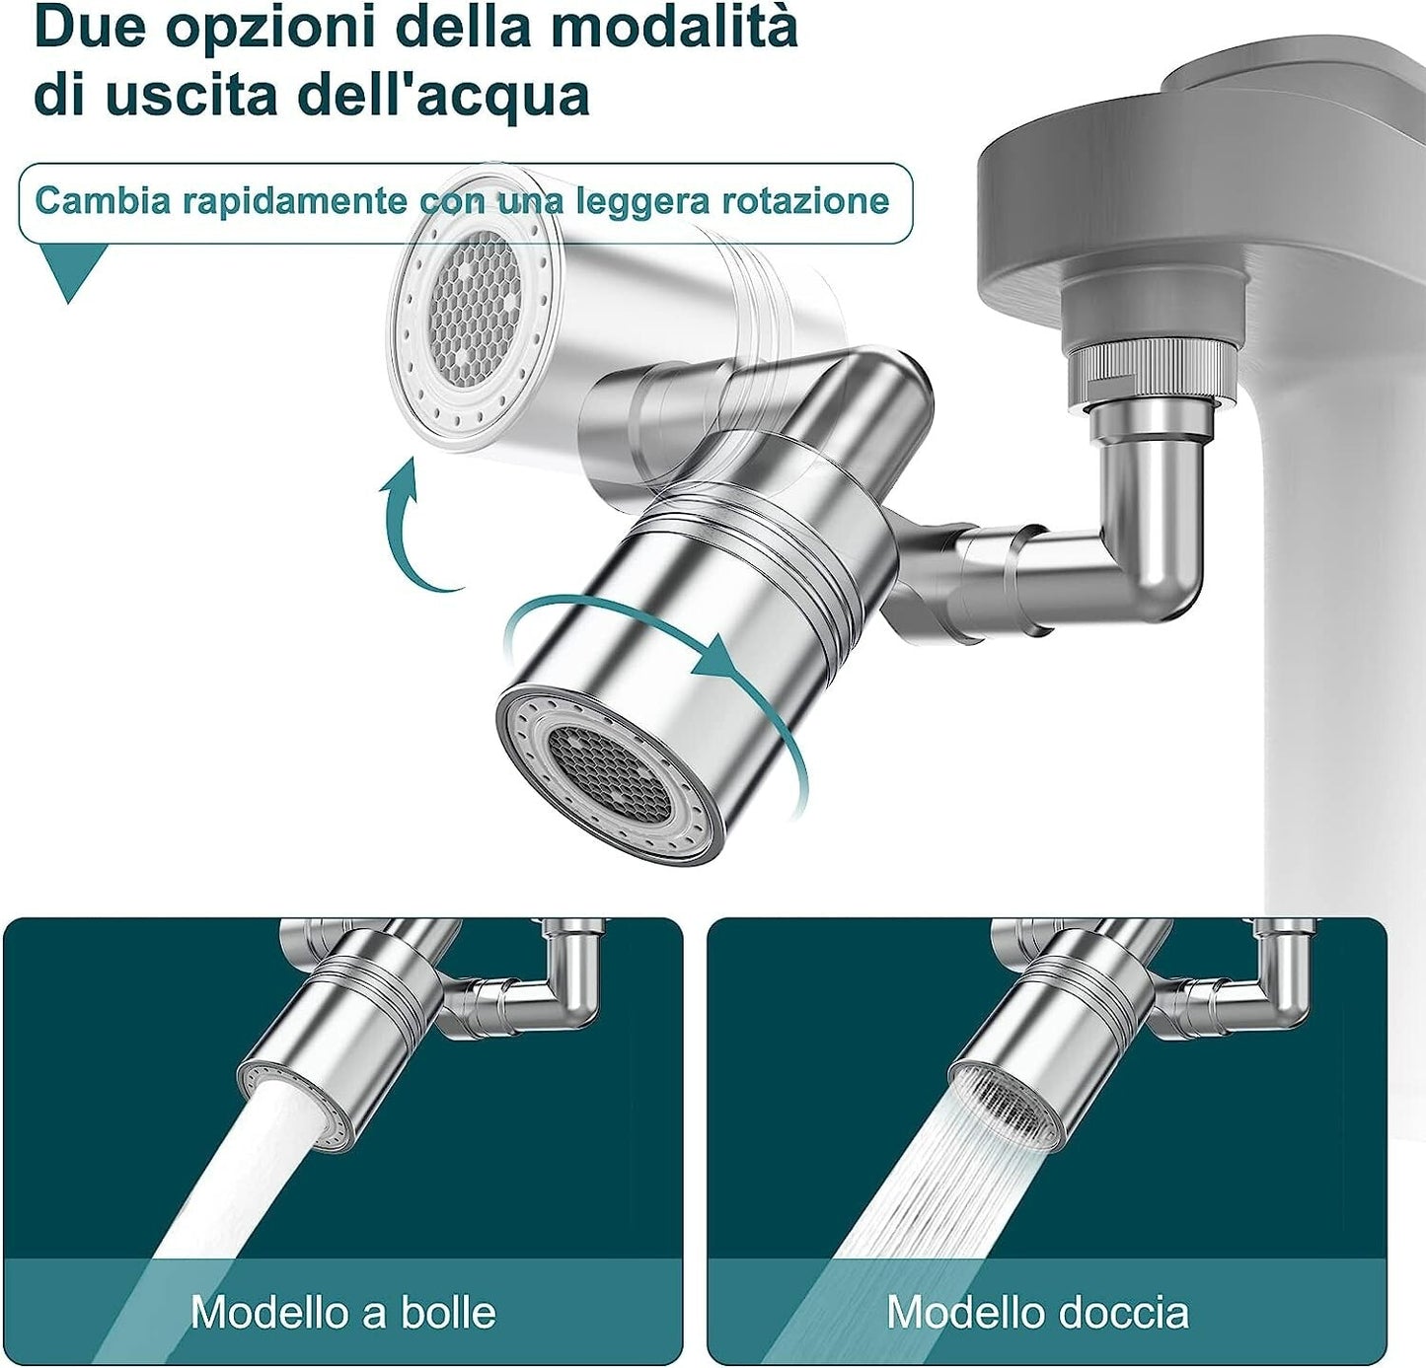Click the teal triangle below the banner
click(70, 271)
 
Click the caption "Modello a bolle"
click(342, 1312)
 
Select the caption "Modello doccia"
click(1037, 1312)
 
